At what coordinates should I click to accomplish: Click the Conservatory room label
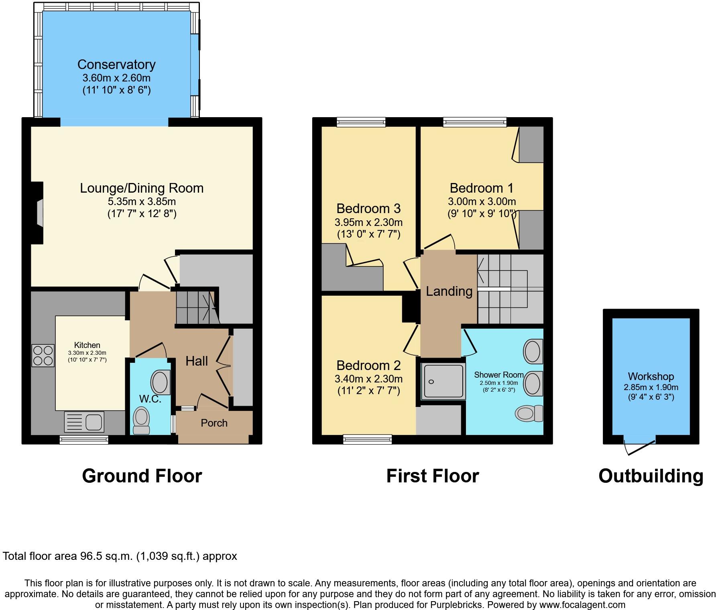(116, 65)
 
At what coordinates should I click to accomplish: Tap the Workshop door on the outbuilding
(640, 446)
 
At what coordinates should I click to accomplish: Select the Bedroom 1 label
(482, 188)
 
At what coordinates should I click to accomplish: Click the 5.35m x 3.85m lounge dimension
(142, 201)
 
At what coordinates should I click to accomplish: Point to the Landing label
(449, 291)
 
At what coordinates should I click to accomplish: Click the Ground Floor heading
(142, 476)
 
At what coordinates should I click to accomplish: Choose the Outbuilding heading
(651, 476)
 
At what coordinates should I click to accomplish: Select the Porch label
(214, 423)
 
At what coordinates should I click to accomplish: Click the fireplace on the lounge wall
(37, 213)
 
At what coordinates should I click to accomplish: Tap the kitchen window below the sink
(84, 440)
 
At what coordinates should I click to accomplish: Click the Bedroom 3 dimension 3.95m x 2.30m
(368, 222)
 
